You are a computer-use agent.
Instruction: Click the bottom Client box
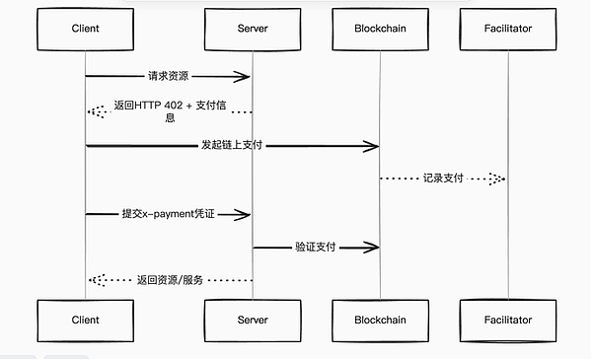pyautogui.click(x=85, y=320)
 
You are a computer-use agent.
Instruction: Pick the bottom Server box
pyautogui.click(x=253, y=320)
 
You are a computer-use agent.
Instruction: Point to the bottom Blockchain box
pyautogui.click(x=380, y=320)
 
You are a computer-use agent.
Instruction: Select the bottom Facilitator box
pyautogui.click(x=508, y=320)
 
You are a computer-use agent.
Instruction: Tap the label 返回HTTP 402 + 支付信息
pyautogui.click(x=169, y=111)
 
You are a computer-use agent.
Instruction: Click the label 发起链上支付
pyautogui.click(x=233, y=146)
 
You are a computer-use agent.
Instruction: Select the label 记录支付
pyautogui.click(x=443, y=179)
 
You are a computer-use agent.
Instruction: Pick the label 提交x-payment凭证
pyautogui.click(x=169, y=213)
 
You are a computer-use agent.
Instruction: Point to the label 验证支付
pyautogui.click(x=316, y=247)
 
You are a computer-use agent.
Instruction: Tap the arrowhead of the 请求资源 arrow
pyautogui.click(x=244, y=77)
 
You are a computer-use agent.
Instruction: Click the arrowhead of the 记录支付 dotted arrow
pyautogui.click(x=498, y=179)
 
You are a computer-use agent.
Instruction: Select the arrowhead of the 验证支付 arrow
pyautogui.click(x=372, y=247)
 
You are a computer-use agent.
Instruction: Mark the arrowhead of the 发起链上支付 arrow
pyautogui.click(x=372, y=146)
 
